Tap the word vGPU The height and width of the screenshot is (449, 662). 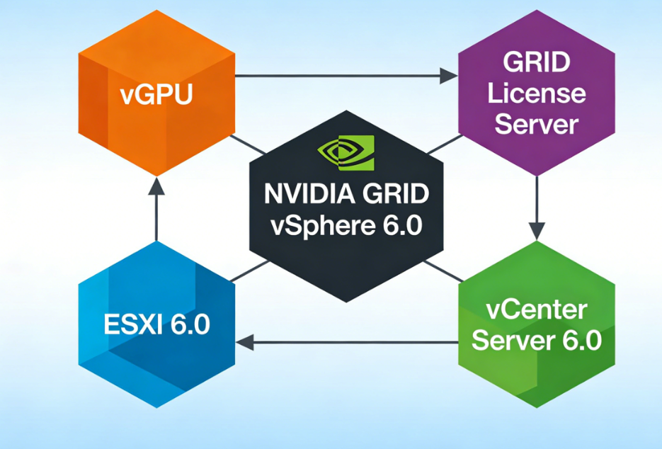tap(156, 95)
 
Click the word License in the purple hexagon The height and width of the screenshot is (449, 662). tap(536, 93)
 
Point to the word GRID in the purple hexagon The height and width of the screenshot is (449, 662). tap(536, 63)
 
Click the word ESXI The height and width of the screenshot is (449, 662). tap(132, 325)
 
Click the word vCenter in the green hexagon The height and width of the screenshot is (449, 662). tap(536, 311)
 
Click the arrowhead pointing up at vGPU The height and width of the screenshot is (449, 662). tap(156, 186)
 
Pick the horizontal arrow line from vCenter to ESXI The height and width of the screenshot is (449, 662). tap(354, 343)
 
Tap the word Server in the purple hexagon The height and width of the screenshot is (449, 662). tap(536, 125)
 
